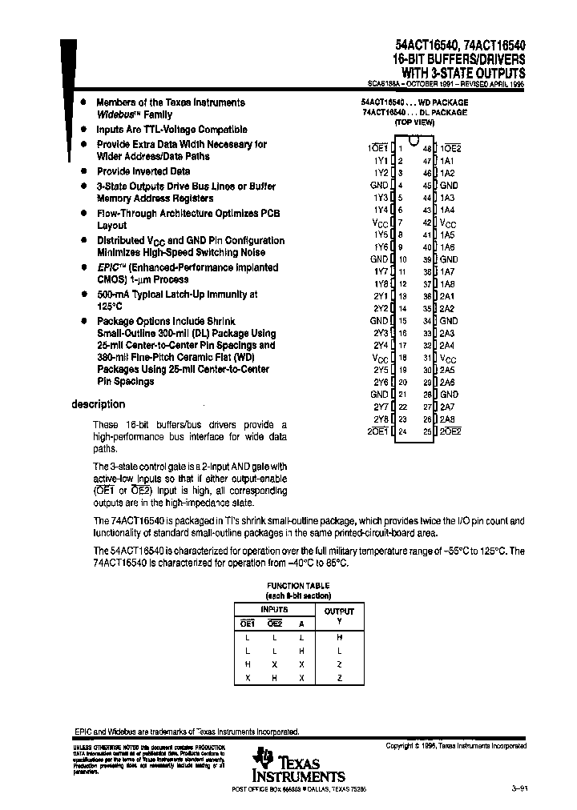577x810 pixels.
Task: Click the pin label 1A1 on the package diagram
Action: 447,160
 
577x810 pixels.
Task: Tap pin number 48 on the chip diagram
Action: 427,148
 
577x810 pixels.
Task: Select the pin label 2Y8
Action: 380,419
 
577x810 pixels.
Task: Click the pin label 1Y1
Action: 380,160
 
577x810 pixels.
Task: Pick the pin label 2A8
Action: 447,419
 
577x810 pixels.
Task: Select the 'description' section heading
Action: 98,404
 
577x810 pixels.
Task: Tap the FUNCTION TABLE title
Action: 298,586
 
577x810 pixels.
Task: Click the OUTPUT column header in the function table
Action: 339,611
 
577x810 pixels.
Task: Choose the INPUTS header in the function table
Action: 275,609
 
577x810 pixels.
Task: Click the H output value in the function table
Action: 339,638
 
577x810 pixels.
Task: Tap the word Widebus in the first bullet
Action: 112,114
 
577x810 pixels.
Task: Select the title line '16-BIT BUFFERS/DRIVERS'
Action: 459,59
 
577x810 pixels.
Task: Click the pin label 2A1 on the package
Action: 447,295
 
